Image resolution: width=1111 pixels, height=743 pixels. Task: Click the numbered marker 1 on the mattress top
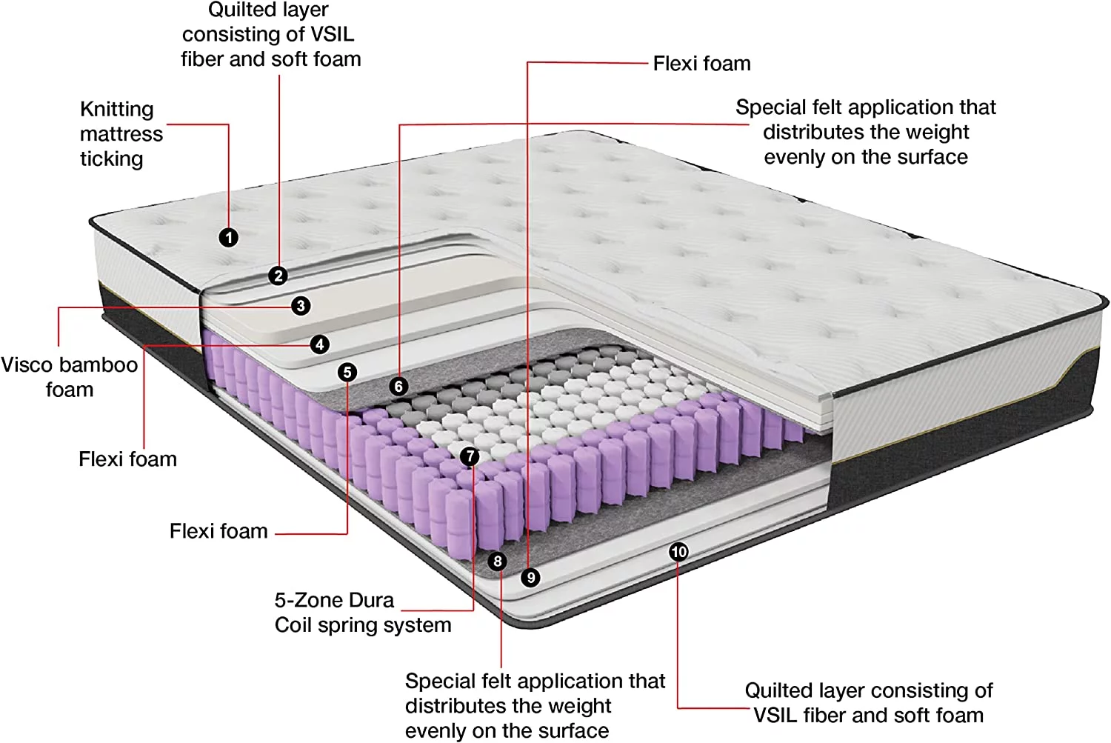click(229, 237)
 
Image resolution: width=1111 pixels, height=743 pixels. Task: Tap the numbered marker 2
click(278, 276)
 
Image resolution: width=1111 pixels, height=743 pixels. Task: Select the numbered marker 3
click(301, 305)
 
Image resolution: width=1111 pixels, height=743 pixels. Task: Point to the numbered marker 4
click(320, 344)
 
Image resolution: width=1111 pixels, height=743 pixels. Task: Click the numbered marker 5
click(347, 372)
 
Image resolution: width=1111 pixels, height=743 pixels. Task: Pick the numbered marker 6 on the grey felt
click(398, 386)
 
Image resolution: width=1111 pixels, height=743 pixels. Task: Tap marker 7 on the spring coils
click(470, 456)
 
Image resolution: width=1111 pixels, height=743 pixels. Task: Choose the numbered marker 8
click(498, 562)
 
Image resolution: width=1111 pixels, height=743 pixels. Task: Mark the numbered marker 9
click(530, 577)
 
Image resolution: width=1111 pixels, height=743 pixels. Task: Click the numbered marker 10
click(678, 552)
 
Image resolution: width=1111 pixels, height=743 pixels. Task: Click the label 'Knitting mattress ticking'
click(121, 134)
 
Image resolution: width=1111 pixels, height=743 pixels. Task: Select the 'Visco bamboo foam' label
click(69, 377)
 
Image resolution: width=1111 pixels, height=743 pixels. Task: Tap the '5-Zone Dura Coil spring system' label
click(362, 613)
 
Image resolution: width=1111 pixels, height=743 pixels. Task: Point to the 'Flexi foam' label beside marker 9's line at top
click(701, 64)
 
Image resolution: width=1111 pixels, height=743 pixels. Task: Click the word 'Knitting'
click(117, 110)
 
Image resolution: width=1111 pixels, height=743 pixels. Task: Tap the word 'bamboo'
click(101, 365)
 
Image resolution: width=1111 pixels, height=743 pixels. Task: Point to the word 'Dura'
click(370, 600)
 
